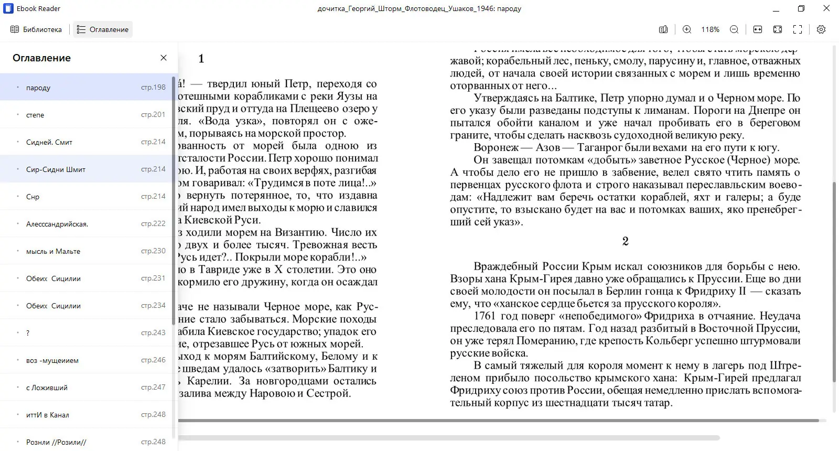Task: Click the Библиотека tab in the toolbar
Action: coord(36,29)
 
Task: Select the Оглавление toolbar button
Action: coord(103,29)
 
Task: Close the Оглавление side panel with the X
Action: coord(164,58)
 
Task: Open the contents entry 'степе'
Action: coord(35,115)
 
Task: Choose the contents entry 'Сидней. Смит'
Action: coord(49,142)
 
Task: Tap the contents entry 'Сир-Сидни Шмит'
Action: coord(56,169)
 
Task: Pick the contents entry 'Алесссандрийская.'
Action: coord(57,224)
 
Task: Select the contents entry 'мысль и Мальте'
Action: coord(53,251)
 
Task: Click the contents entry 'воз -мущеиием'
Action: coord(52,360)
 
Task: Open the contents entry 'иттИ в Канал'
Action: coord(48,415)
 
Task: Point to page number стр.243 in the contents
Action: coord(153,332)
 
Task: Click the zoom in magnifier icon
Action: coord(687,29)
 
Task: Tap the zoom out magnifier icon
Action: coord(734,29)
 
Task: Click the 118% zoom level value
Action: coord(711,29)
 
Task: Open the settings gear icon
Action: coord(821,29)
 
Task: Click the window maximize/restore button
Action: coord(801,8)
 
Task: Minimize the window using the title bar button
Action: coord(777,8)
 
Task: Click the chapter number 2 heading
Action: coord(625,241)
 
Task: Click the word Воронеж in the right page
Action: coord(496,147)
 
